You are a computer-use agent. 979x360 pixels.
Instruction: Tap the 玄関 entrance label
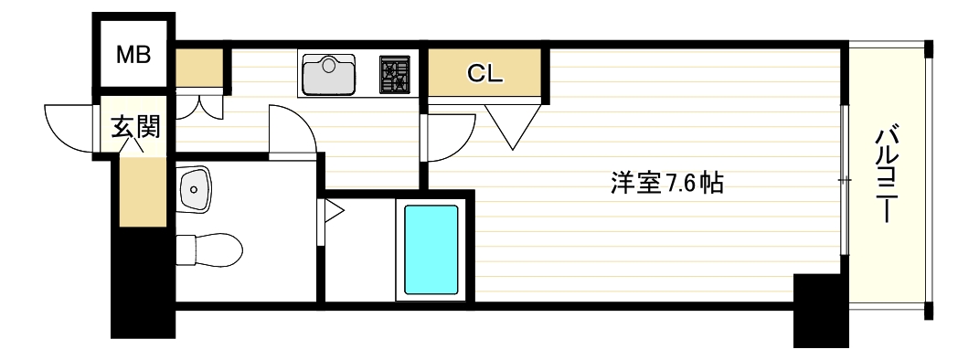tap(135, 127)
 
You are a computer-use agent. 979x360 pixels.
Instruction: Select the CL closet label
tap(485, 75)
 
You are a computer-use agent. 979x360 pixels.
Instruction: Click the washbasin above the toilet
tap(194, 190)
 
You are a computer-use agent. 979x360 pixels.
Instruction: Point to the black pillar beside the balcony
tap(819, 310)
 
